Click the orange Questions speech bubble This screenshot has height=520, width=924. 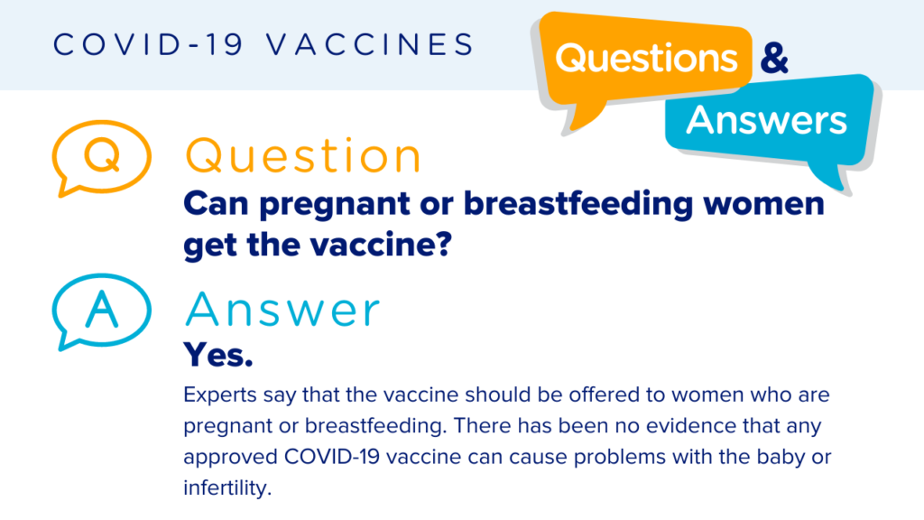[x=646, y=60]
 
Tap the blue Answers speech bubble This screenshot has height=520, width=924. [x=766, y=120]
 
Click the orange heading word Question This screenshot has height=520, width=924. [x=303, y=157]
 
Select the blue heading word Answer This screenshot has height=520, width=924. [x=282, y=311]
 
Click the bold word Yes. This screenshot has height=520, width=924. [x=217, y=355]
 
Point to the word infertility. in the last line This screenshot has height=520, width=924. [x=226, y=488]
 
